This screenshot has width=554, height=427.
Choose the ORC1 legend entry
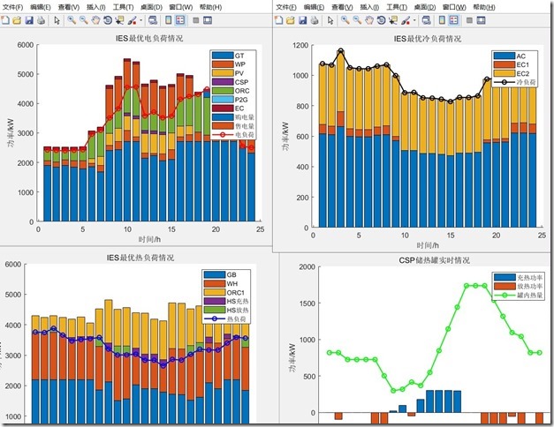click(235, 293)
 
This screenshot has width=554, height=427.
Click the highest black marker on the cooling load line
click(341, 51)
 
